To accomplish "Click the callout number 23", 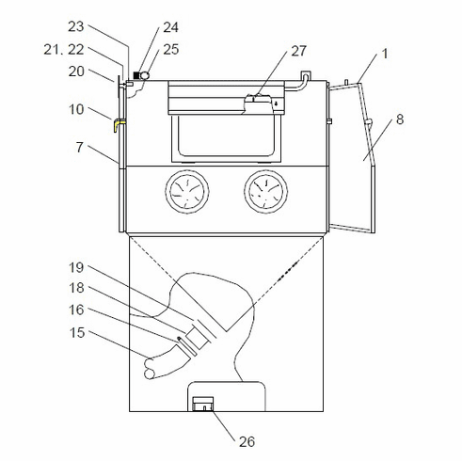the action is pos(76,26).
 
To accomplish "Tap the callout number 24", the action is pos(170,27).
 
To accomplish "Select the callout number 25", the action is pos(171,49).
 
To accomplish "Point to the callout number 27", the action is pos(298,51).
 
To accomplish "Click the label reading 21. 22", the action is pos(64,50).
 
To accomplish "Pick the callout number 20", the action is pos(76,72).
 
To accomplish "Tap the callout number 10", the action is pos(76,109).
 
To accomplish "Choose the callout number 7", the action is pos(80,148).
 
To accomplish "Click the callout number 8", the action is pos(400,119).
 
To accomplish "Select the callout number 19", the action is pos(76,268).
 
